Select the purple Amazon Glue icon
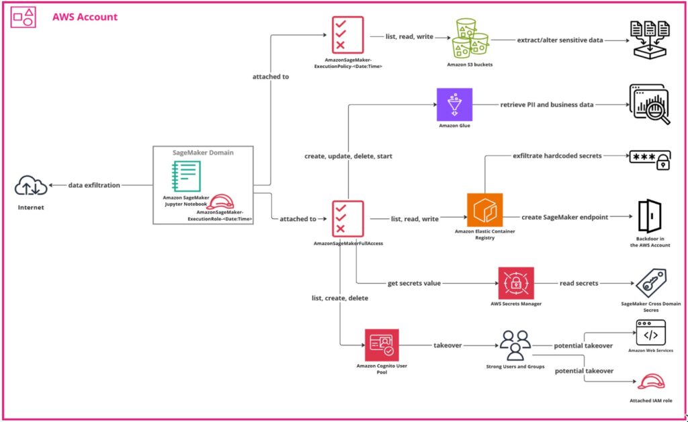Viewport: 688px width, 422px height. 455,105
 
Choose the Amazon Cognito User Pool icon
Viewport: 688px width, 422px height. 382,345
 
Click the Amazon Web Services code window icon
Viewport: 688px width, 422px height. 650,334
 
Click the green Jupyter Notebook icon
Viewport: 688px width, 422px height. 187,177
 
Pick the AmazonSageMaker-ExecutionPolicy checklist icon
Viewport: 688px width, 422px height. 347,33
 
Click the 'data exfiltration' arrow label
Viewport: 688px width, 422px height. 94,185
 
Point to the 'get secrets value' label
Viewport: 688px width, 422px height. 414,283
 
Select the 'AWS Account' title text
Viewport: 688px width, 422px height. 85,17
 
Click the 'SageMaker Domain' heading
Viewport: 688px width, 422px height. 203,153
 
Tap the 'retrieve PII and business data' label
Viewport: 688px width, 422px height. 547,105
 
